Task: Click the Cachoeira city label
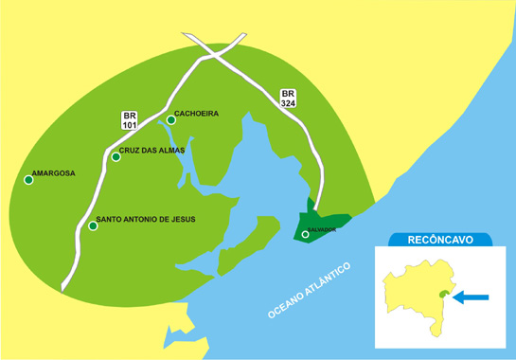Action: pyautogui.click(x=197, y=114)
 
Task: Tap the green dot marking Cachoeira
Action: pyautogui.click(x=170, y=119)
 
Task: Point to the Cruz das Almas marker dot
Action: pyautogui.click(x=116, y=156)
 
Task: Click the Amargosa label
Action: pyautogui.click(x=53, y=173)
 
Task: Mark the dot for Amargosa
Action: pyautogui.click(x=28, y=180)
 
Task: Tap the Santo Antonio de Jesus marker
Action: pyautogui.click(x=93, y=225)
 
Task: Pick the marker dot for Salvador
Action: pyautogui.click(x=305, y=234)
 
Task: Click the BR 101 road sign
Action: pyautogui.click(x=131, y=120)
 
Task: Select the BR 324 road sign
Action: pyautogui.click(x=289, y=99)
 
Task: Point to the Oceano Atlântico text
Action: pyautogui.click(x=310, y=288)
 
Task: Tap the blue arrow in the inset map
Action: pyautogui.click(x=472, y=297)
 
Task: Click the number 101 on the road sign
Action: pyautogui.click(x=131, y=125)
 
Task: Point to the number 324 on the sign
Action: pyautogui.click(x=289, y=103)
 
